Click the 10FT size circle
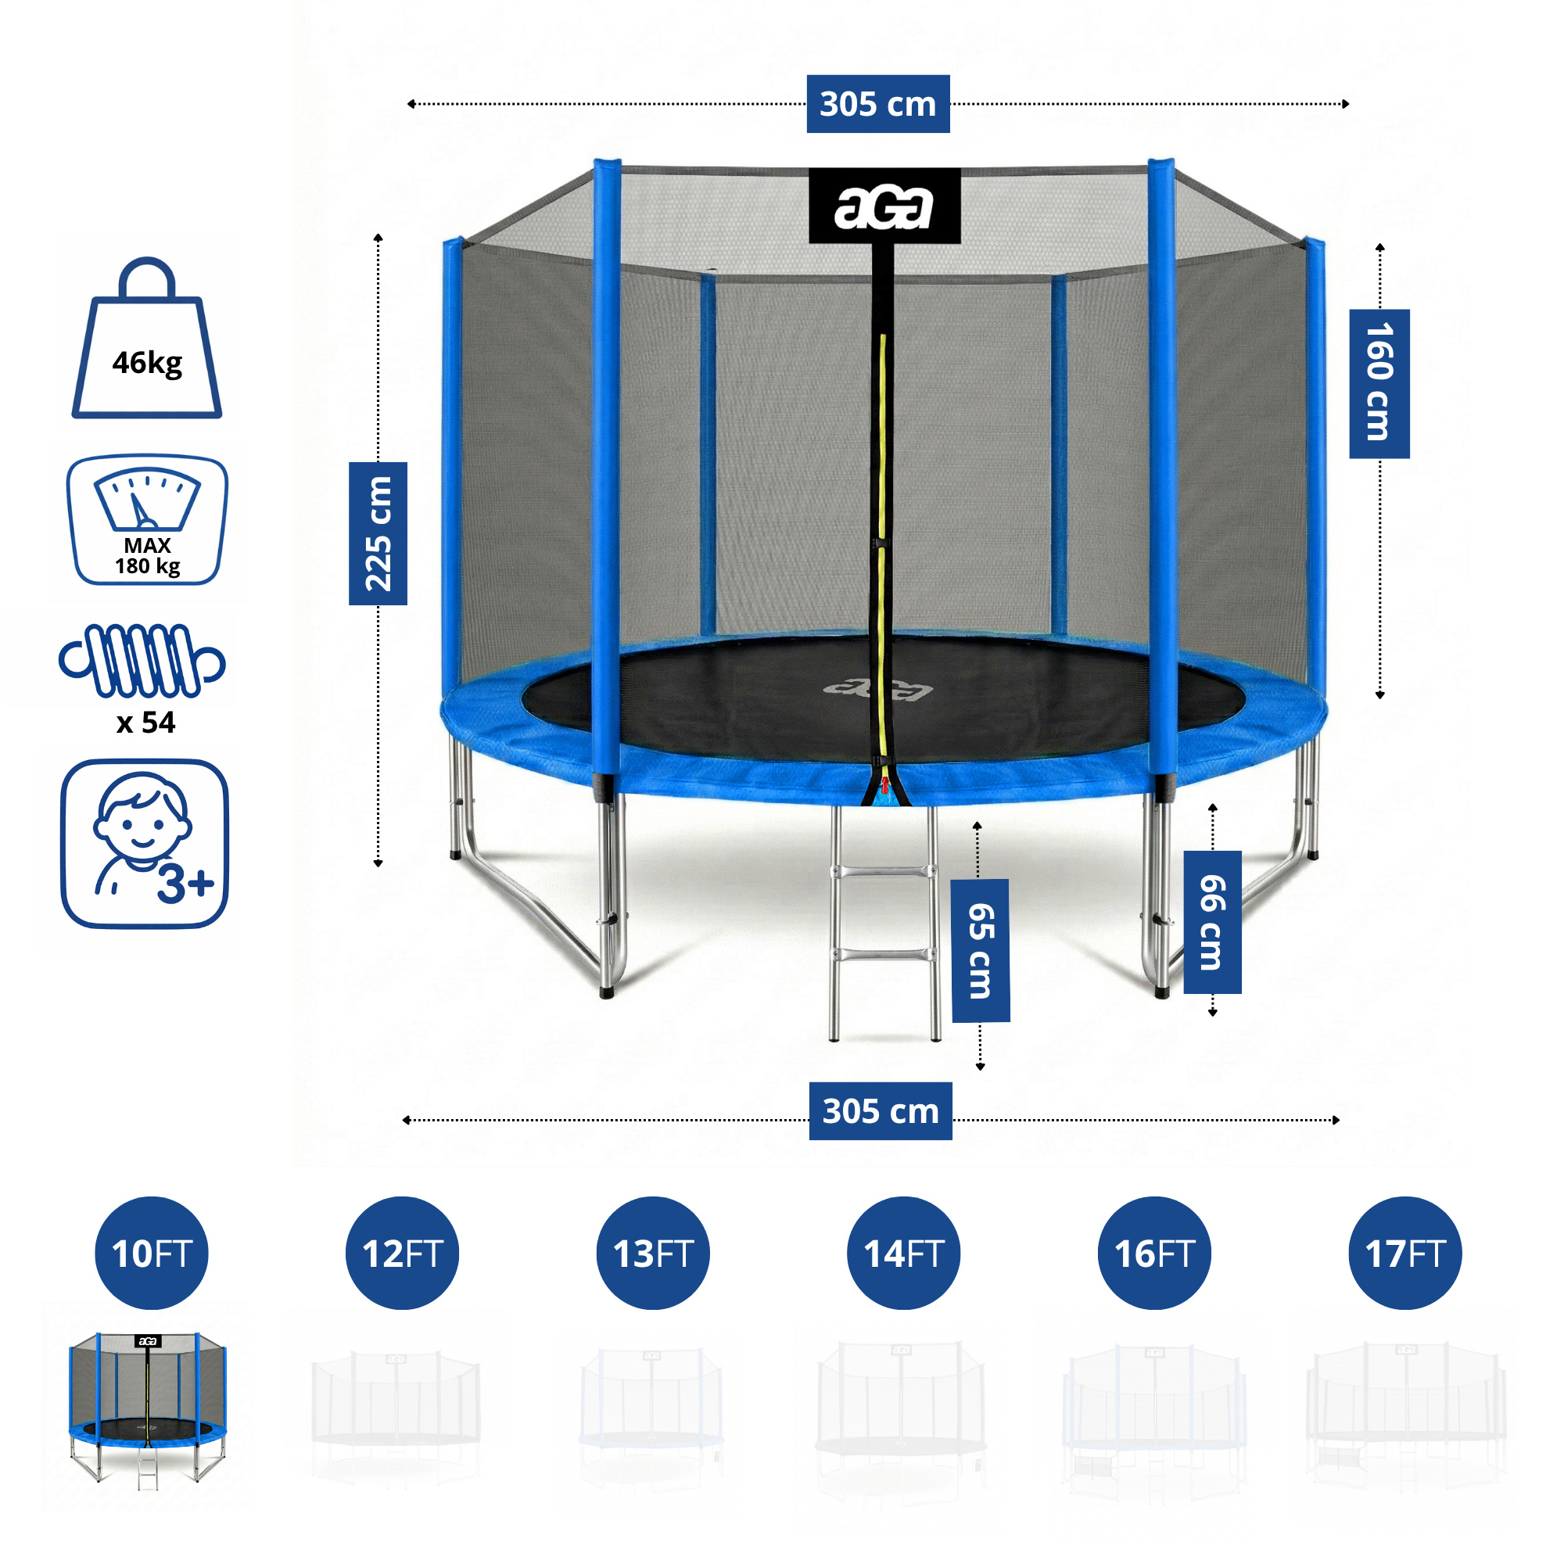point(152,1253)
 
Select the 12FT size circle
point(402,1253)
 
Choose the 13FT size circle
point(652,1253)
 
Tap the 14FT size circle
point(903,1253)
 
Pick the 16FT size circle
point(1153,1253)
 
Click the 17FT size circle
point(1404,1253)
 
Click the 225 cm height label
point(378,533)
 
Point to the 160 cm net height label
point(1379,384)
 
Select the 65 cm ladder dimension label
point(981,950)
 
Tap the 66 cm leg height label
point(1212,922)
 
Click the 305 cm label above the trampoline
point(877,104)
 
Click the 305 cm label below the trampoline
point(880,1110)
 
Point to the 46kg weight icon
point(146,340)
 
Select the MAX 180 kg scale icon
point(146,520)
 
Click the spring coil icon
point(142,661)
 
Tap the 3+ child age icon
point(145,844)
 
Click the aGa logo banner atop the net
point(884,206)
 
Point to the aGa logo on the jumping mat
point(878,689)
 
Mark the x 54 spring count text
point(145,722)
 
